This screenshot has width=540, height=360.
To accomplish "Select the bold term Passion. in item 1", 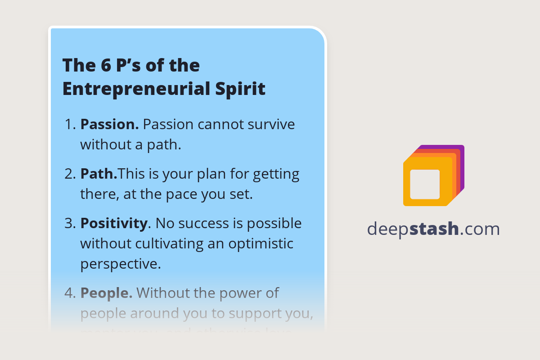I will point(109,124).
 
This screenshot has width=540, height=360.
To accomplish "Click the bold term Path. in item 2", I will point(99,174).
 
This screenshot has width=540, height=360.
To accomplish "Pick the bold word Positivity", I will point(114,223).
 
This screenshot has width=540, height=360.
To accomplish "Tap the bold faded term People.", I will point(106,293).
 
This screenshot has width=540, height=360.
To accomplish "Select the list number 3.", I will point(70,224).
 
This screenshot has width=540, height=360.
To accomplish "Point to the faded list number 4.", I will point(70,293).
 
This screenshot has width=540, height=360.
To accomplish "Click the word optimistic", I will point(261,243).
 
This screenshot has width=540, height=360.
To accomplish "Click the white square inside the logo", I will point(425,184).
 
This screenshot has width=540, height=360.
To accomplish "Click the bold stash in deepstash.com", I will point(434,229).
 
